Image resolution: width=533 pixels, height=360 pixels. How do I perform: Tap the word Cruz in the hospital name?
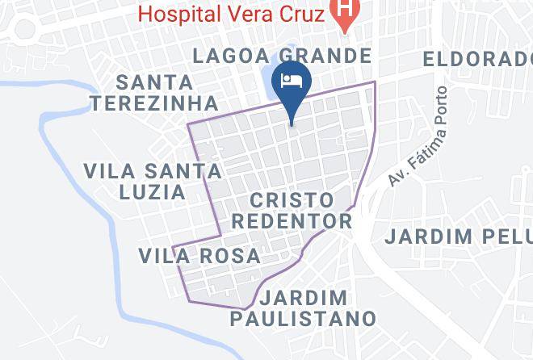coord(302,13)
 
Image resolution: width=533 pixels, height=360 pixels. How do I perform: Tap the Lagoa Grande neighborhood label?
coord(283,56)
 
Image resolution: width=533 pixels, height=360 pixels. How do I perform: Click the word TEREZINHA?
coord(154,103)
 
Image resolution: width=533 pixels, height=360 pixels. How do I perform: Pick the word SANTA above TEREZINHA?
coord(154,82)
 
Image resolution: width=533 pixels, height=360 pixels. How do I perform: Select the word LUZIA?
coord(153,192)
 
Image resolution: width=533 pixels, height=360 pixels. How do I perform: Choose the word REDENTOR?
coord(300,221)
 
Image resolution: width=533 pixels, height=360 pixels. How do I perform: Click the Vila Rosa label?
coord(199,257)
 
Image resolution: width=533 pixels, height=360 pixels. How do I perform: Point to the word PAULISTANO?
coord(303,318)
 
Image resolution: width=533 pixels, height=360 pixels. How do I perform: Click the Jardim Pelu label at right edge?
coord(458,237)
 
